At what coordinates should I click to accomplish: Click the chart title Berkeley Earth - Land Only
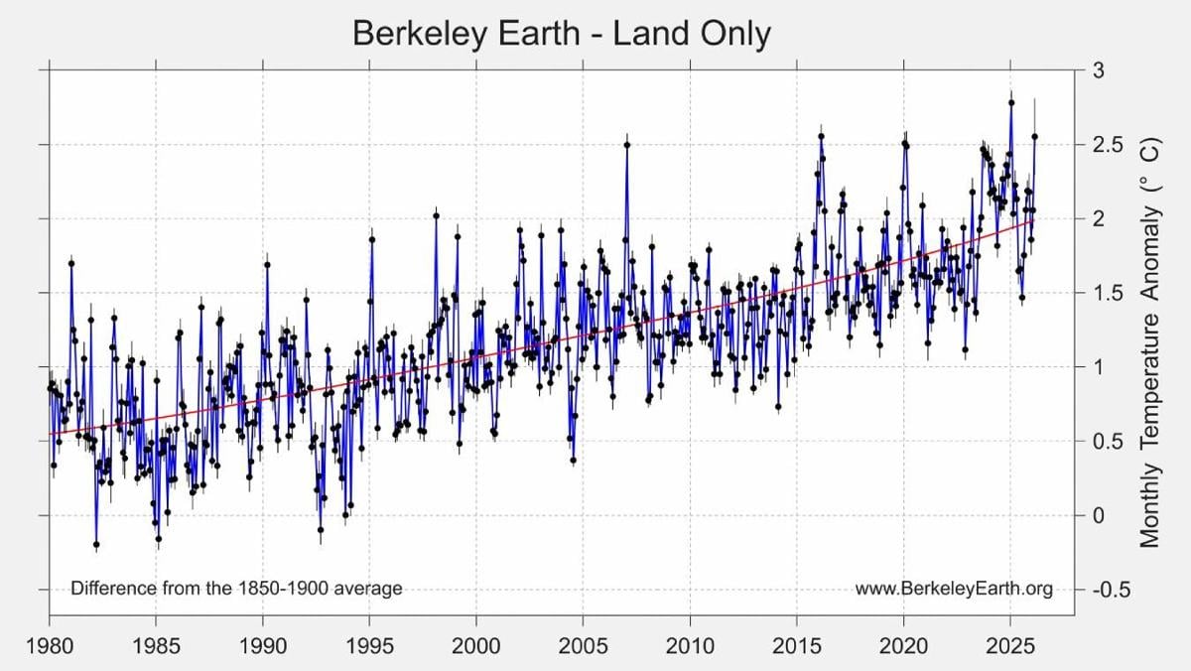(x=562, y=34)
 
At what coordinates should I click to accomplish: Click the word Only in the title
(x=735, y=34)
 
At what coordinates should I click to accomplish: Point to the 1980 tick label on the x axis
(x=50, y=646)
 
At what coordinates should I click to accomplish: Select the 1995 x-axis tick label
(x=369, y=646)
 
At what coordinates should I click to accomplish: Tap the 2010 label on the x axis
(x=690, y=646)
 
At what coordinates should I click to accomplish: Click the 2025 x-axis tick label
(x=1010, y=646)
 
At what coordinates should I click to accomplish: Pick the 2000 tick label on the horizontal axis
(x=476, y=646)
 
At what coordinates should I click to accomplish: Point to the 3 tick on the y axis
(x=1099, y=70)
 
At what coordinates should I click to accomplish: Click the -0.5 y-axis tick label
(x=1112, y=590)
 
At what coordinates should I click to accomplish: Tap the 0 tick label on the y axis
(x=1099, y=515)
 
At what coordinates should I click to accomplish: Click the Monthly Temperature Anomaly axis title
(x=1149, y=342)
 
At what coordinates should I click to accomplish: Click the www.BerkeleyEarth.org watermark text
(x=954, y=589)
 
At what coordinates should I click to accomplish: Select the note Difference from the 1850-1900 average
(x=236, y=588)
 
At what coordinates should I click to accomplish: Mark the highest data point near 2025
(x=1011, y=102)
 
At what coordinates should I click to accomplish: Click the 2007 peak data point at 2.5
(x=627, y=145)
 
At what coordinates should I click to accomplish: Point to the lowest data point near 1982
(x=96, y=545)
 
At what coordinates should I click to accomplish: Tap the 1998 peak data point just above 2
(x=436, y=215)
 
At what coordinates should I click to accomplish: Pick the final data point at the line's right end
(x=1034, y=137)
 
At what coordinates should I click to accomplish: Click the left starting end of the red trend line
(x=50, y=434)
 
